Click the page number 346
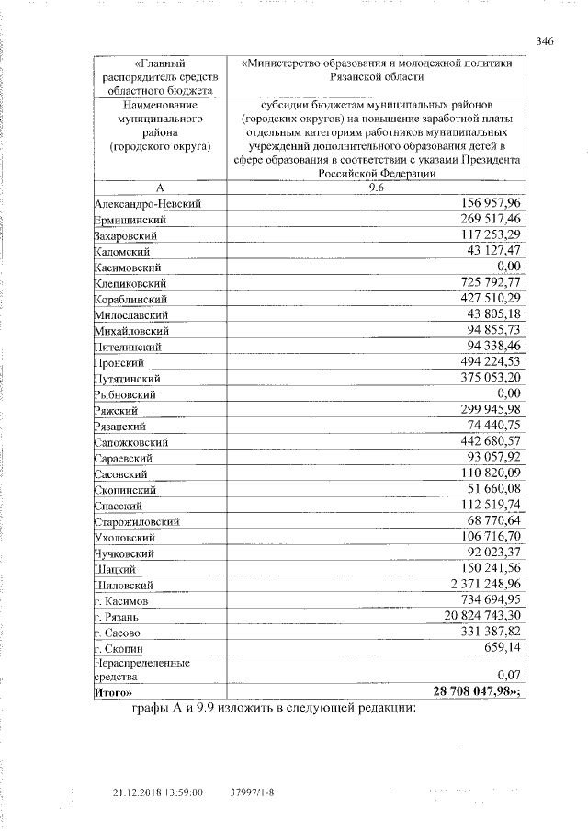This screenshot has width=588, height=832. click(545, 41)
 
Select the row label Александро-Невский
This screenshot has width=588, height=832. click(147, 203)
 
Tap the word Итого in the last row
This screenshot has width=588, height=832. click(111, 691)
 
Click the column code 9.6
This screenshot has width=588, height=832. click(377, 188)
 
